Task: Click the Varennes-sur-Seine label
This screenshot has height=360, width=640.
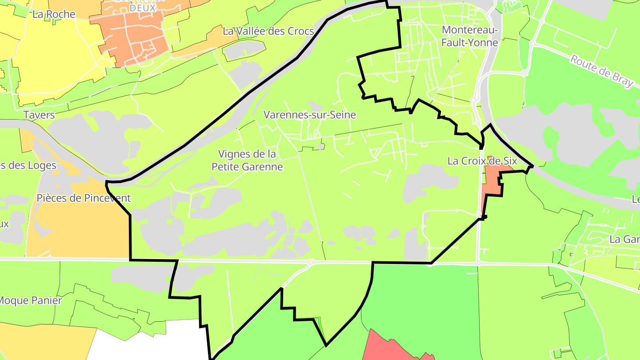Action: click(310, 115)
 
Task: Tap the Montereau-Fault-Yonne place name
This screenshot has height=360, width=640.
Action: click(470, 36)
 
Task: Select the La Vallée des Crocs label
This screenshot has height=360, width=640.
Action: click(268, 31)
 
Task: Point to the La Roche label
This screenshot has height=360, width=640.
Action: click(54, 14)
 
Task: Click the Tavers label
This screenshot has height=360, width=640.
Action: click(39, 115)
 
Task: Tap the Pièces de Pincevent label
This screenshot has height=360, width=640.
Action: click(84, 198)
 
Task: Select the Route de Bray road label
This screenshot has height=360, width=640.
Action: click(602, 72)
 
